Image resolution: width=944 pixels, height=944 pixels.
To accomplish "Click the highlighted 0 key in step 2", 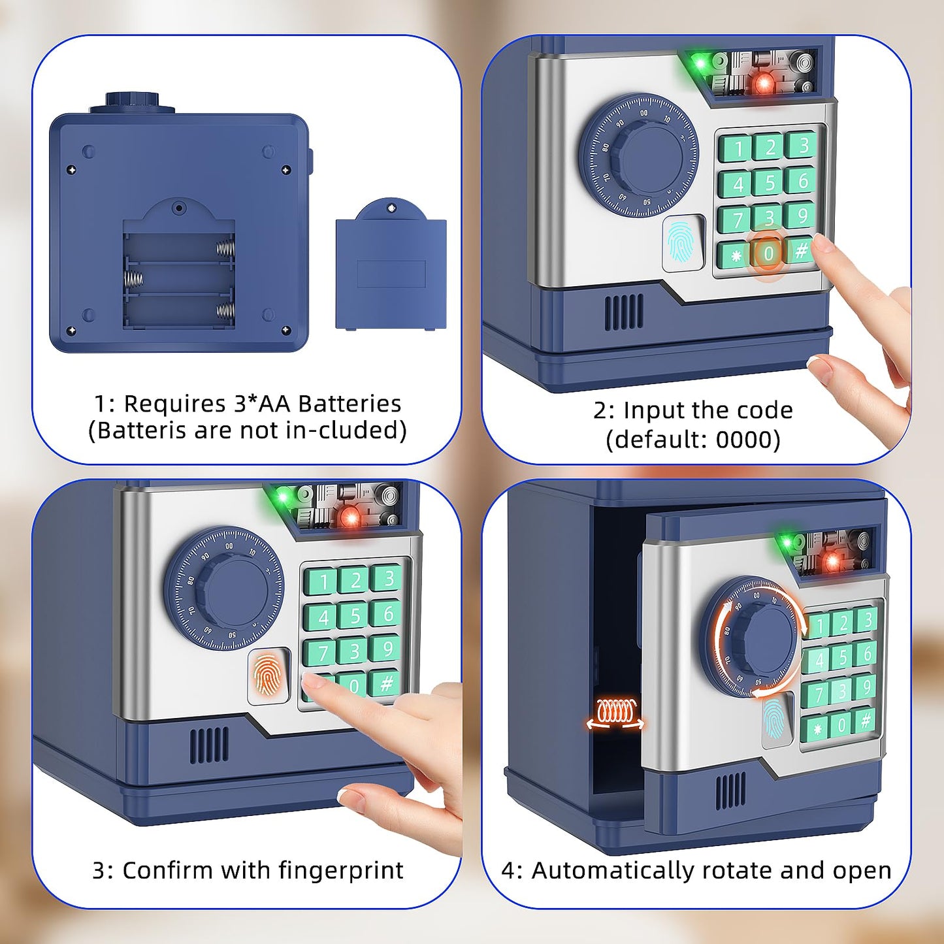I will click(x=768, y=253).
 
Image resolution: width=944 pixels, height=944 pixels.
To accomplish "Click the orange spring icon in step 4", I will click(x=615, y=713).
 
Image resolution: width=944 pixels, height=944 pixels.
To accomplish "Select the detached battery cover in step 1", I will click(x=391, y=269).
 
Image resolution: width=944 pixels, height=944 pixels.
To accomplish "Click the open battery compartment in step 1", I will click(x=178, y=280).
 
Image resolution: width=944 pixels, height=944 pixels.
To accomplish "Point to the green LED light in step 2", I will click(x=701, y=64).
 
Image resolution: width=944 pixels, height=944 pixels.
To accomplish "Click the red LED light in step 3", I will click(x=351, y=518).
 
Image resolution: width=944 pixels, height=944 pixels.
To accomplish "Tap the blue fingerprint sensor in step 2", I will click(x=683, y=242).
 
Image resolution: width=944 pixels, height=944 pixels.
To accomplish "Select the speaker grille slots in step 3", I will click(x=209, y=745).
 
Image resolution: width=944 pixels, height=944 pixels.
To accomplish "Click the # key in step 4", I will click(x=865, y=721).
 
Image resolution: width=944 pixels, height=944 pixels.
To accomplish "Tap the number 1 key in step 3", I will click(x=323, y=581).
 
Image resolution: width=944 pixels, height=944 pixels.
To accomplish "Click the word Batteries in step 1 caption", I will click(x=350, y=404).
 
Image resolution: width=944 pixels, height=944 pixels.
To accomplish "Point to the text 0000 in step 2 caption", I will click(x=743, y=440).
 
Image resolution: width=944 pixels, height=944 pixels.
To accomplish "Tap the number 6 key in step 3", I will click(x=387, y=613).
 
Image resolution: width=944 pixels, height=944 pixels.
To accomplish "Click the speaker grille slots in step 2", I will click(x=623, y=312).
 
